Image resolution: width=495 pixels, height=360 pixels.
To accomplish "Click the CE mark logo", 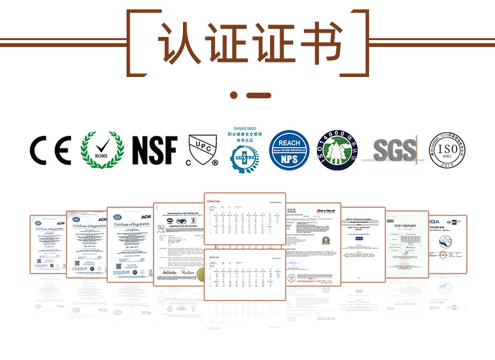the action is tap(50, 150).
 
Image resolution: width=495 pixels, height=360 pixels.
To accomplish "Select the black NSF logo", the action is tap(154, 150).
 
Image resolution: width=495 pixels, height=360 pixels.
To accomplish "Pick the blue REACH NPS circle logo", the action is tap(289, 150).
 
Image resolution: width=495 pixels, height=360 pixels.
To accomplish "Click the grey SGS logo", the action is tap(394, 150).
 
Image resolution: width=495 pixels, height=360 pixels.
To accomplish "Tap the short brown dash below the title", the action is tap(259, 95).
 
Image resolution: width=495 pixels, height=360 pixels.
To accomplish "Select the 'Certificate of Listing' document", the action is tap(179, 244).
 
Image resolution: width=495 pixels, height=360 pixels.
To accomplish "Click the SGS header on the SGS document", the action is tap(291, 212).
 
